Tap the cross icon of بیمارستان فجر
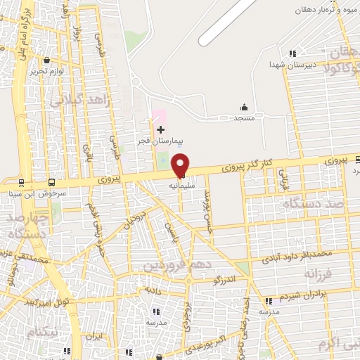[161, 129]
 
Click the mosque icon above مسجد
[244, 107]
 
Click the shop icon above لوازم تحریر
[46, 61]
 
